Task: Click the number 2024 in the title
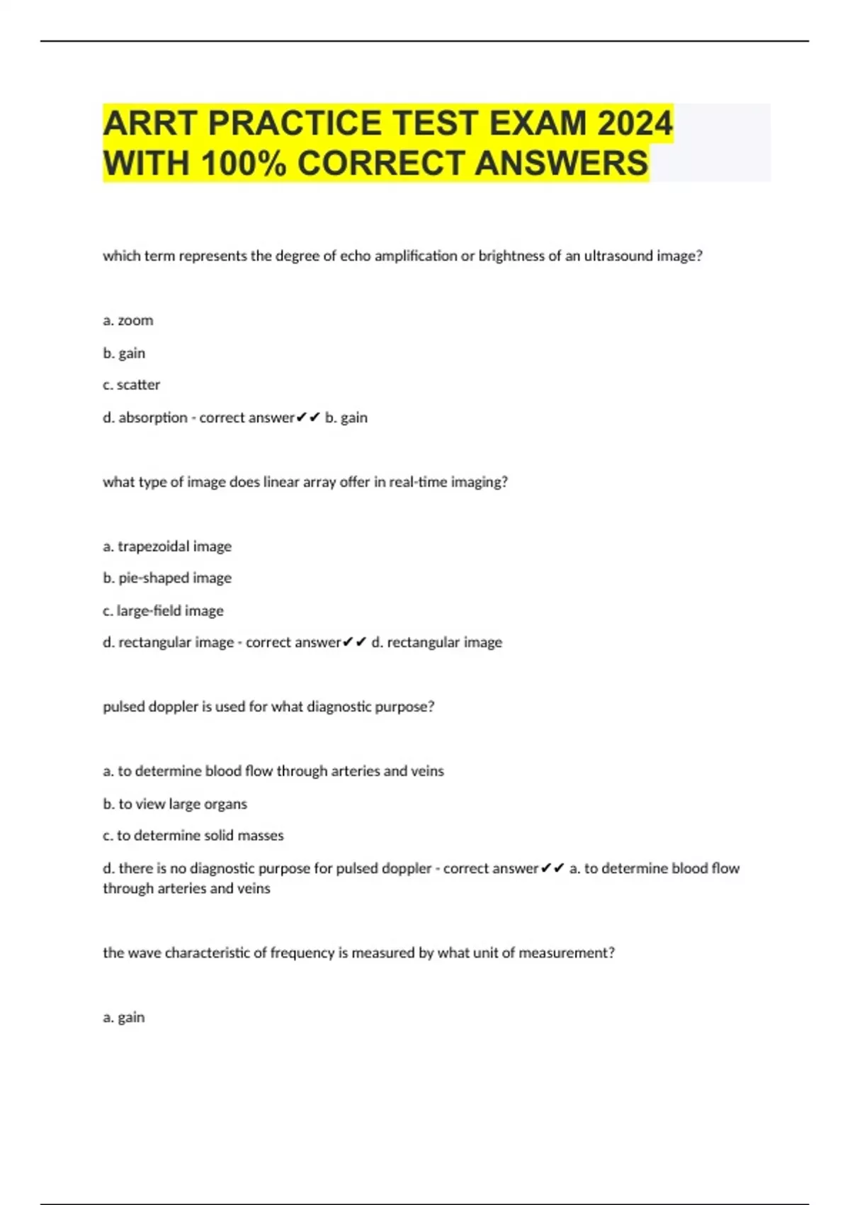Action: [635, 123]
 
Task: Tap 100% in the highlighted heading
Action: [244, 163]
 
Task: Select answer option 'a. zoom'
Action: [128, 320]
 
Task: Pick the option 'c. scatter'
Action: [132, 385]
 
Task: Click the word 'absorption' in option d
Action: [153, 417]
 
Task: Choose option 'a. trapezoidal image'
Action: [167, 547]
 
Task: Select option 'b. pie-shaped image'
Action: [167, 578]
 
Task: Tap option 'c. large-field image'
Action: [163, 611]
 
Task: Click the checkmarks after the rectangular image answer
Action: [354, 642]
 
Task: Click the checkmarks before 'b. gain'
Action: [308, 417]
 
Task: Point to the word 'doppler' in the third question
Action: [174, 707]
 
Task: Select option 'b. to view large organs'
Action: [175, 804]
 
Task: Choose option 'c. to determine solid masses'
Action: [193, 836]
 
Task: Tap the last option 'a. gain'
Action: [124, 1017]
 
